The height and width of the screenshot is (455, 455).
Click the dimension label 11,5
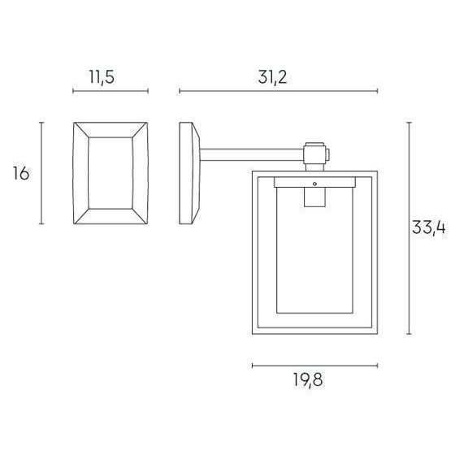(102, 77)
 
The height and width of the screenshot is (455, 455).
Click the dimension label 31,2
(272, 77)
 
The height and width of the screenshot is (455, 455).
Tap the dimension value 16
(21, 174)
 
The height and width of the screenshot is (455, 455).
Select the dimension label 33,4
(429, 227)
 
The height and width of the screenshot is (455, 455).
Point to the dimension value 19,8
(308, 379)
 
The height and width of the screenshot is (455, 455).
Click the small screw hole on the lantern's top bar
(314, 184)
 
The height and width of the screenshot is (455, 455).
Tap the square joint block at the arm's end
(314, 154)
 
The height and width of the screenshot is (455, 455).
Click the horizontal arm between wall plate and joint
(252, 155)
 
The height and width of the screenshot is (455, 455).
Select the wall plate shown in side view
(190, 173)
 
